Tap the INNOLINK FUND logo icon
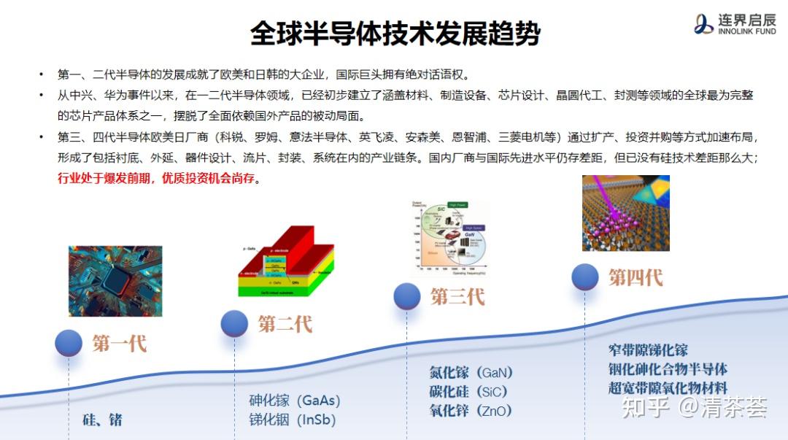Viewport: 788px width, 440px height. tap(703, 24)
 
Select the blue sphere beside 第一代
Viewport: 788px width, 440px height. tap(69, 343)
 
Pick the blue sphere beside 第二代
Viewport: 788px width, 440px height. tap(234, 323)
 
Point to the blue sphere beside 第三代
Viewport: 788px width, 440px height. tap(406, 296)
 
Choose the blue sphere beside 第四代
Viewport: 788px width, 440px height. tap(584, 277)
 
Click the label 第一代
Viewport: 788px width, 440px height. tap(120, 343)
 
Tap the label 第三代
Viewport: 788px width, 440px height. tap(457, 296)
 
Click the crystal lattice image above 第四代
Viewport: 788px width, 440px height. tap(626, 213)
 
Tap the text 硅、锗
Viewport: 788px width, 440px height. tap(102, 420)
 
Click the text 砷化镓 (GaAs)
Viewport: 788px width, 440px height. tap(295, 401)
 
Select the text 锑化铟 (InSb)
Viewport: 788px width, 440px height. tap(292, 420)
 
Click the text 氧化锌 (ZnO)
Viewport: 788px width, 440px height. tap(471, 411)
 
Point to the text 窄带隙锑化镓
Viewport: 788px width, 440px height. tap(648, 351)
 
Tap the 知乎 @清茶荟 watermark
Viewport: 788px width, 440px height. tap(692, 407)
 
